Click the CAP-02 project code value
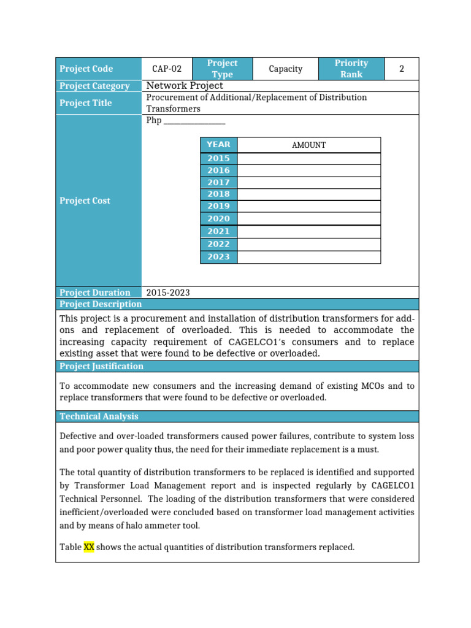tap(167, 69)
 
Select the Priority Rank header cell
tap(351, 69)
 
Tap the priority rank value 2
tap(402, 69)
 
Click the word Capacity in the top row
tap(286, 69)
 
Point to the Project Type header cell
tap(222, 69)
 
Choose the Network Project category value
tap(185, 86)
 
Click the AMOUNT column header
tap(308, 145)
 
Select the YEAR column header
tap(218, 145)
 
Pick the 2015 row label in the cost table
tap(218, 158)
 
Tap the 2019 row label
tap(218, 207)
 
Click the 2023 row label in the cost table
tap(218, 257)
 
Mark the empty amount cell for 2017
tap(308, 182)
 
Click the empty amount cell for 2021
tap(308, 231)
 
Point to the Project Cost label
tap(85, 201)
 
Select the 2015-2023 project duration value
tap(168, 293)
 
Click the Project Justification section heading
tap(102, 366)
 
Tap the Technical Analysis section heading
tap(99, 416)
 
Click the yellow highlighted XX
tap(89, 547)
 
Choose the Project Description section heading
tap(101, 304)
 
